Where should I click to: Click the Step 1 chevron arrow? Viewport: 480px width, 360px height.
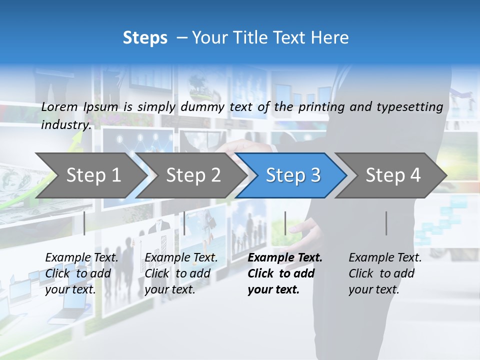coord(93,175)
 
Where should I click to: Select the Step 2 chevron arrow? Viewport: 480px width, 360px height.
coord(193,175)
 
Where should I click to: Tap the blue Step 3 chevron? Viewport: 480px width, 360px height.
coord(293,175)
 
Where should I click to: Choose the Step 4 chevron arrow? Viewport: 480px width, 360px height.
coord(393,175)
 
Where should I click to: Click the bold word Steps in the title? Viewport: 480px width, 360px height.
coord(145,37)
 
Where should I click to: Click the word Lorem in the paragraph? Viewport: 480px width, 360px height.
coord(59,106)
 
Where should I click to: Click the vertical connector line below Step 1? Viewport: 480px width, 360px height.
coord(84,223)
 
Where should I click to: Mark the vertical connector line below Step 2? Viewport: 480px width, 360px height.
coord(184,223)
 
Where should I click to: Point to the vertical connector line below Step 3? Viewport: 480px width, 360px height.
coord(285,223)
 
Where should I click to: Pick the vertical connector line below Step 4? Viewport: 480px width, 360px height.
coord(386,223)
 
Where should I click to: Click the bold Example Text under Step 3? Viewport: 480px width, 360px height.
coord(285,258)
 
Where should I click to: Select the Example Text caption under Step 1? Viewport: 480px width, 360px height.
coord(82,258)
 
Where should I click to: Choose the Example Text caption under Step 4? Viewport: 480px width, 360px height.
coord(385,258)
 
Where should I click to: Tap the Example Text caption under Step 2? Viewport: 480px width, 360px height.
coord(181,258)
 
